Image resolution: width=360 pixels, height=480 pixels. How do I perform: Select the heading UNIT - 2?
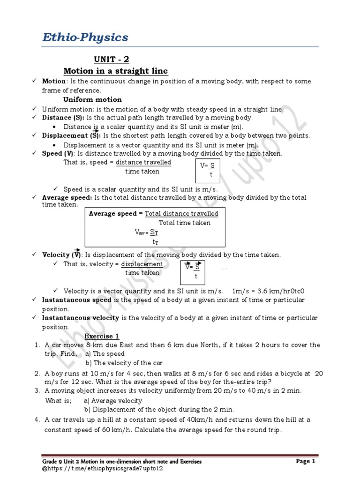click(111, 60)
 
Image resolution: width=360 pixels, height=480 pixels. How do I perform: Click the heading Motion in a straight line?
click(115, 71)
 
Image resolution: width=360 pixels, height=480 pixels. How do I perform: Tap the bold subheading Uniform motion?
click(92, 99)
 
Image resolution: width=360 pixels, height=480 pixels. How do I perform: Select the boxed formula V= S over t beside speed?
click(207, 170)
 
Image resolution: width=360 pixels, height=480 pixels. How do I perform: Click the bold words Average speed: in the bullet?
click(67, 197)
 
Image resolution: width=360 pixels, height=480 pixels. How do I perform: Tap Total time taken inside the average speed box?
click(184, 223)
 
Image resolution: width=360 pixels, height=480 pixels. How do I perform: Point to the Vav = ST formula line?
click(148, 232)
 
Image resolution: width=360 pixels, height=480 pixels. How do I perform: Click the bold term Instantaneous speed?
click(76, 300)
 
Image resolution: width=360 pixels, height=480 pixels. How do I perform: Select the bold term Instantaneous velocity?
click(81, 318)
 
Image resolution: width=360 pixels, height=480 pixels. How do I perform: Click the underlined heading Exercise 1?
click(102, 336)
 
